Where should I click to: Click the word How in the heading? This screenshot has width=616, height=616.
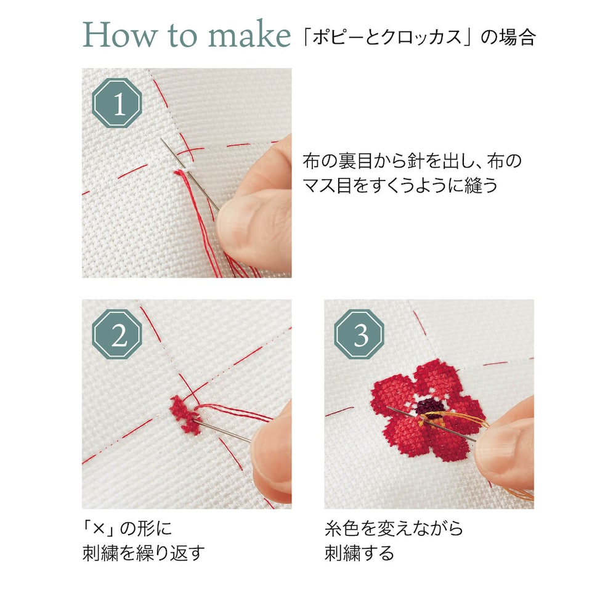[x=119, y=34]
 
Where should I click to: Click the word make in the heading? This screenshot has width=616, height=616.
[x=249, y=34]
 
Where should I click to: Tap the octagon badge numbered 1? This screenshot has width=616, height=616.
[x=116, y=103]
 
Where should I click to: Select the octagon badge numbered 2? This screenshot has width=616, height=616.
[x=116, y=334]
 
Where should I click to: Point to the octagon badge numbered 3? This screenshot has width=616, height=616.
[x=359, y=334]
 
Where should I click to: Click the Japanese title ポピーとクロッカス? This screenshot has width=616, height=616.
[x=387, y=38]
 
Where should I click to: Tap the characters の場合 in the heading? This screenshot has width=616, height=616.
[x=508, y=38]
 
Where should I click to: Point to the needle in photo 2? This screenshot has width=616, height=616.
[x=222, y=431]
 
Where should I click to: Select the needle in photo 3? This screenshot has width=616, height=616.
[x=432, y=424]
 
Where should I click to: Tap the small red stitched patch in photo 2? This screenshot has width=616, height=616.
[x=184, y=415]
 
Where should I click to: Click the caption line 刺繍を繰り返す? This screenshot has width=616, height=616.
[x=144, y=553]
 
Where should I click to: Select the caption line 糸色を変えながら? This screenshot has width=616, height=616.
[x=394, y=529]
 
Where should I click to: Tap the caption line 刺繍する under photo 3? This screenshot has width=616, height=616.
[x=359, y=553]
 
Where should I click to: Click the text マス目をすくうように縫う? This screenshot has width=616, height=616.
[x=400, y=185]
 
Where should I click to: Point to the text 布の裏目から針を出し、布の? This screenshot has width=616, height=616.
[x=412, y=161]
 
